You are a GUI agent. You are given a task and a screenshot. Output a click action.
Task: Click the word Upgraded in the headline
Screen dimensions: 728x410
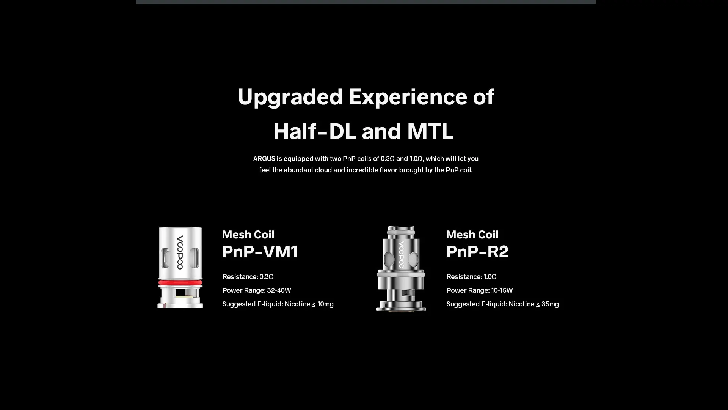pos(290,97)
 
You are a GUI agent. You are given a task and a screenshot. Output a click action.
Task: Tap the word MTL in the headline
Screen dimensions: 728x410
pos(430,131)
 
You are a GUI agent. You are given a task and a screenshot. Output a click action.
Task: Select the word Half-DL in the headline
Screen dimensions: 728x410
pos(315,131)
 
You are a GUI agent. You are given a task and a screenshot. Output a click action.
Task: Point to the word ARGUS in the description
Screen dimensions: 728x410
pos(264,159)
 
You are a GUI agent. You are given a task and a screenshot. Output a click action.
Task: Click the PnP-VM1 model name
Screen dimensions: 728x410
pos(260,252)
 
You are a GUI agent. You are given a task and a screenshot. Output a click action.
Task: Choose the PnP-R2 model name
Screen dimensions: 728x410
pos(477,252)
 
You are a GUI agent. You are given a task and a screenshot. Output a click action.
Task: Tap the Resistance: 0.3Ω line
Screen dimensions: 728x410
pos(248,277)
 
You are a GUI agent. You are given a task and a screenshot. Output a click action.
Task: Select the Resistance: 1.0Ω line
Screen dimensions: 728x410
pos(471,277)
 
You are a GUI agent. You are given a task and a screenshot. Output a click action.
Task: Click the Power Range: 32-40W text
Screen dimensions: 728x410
pos(257,290)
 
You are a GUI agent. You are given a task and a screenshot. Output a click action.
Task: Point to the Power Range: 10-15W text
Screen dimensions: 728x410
pos(480,290)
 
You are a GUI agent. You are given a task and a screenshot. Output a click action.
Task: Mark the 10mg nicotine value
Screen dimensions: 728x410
pos(326,304)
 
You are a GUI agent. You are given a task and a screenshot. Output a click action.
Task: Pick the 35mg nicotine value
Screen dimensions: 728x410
pos(550,304)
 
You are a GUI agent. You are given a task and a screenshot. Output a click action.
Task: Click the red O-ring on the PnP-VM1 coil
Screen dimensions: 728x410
pos(180,283)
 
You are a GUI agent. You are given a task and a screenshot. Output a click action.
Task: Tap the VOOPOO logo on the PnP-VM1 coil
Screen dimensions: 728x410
pos(180,252)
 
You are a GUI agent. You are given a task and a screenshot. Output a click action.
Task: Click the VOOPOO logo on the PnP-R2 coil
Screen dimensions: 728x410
pos(401,255)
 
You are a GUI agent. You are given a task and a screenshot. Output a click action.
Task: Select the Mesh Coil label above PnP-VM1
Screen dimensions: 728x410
pos(248,235)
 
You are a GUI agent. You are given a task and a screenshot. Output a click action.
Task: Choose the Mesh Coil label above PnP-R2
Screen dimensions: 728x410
pos(472,235)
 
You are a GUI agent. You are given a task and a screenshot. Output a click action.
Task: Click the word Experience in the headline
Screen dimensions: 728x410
pos(408,97)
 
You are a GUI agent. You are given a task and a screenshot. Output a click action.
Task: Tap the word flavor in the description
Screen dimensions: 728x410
pos(388,170)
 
